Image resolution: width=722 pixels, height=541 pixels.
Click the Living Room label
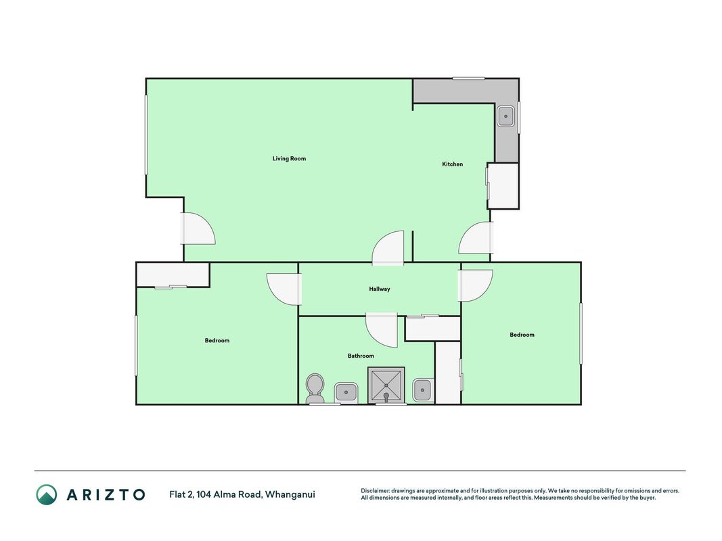click(x=289, y=159)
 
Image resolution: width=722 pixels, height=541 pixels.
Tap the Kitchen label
click(x=452, y=164)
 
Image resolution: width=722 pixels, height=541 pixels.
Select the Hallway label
click(x=380, y=289)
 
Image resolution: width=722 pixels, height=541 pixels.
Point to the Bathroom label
click(x=361, y=356)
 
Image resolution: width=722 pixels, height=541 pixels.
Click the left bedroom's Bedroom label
click(x=217, y=340)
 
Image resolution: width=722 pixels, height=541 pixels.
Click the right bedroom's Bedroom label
click(x=522, y=335)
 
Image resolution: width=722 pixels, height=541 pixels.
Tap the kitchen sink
click(x=505, y=116)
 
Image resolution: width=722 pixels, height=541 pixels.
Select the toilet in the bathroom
click(x=315, y=388)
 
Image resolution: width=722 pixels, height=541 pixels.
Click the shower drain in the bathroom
click(x=386, y=396)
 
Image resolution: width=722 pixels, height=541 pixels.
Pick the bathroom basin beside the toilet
click(x=346, y=392)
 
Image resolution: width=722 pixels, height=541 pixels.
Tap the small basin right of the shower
click(x=422, y=390)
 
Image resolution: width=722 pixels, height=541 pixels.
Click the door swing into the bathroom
click(x=382, y=330)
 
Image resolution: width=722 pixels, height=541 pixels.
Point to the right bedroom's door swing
click(x=475, y=285)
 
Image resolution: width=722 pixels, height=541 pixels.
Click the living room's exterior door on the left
click(x=198, y=228)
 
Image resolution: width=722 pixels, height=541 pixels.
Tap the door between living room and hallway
click(x=388, y=248)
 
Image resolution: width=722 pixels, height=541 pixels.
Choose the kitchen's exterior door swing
click(x=476, y=238)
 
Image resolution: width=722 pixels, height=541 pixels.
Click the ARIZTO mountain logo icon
click(x=47, y=494)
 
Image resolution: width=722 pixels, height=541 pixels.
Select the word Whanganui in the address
click(x=290, y=495)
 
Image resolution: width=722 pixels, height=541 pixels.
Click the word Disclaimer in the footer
click(x=376, y=491)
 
